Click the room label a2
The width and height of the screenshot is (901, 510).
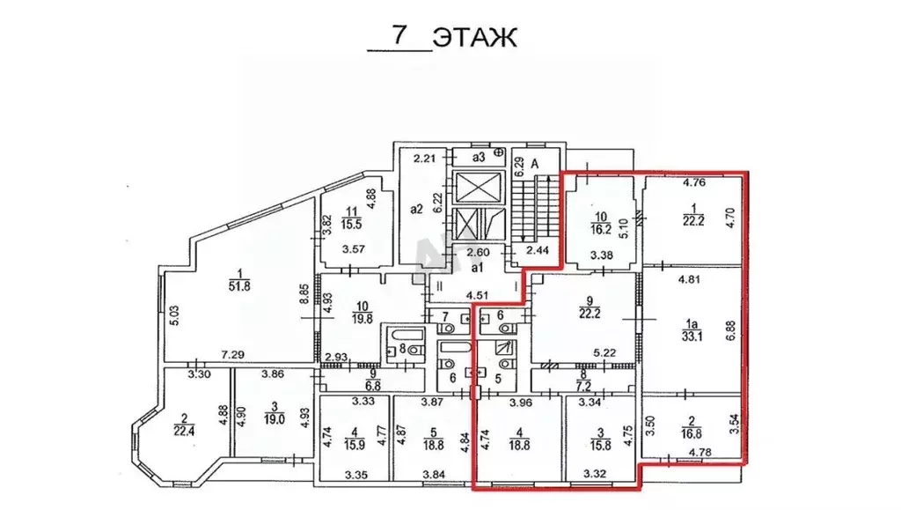[x=416, y=210]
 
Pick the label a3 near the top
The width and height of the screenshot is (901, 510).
[x=478, y=157]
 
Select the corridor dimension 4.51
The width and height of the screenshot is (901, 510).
[x=478, y=296]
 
